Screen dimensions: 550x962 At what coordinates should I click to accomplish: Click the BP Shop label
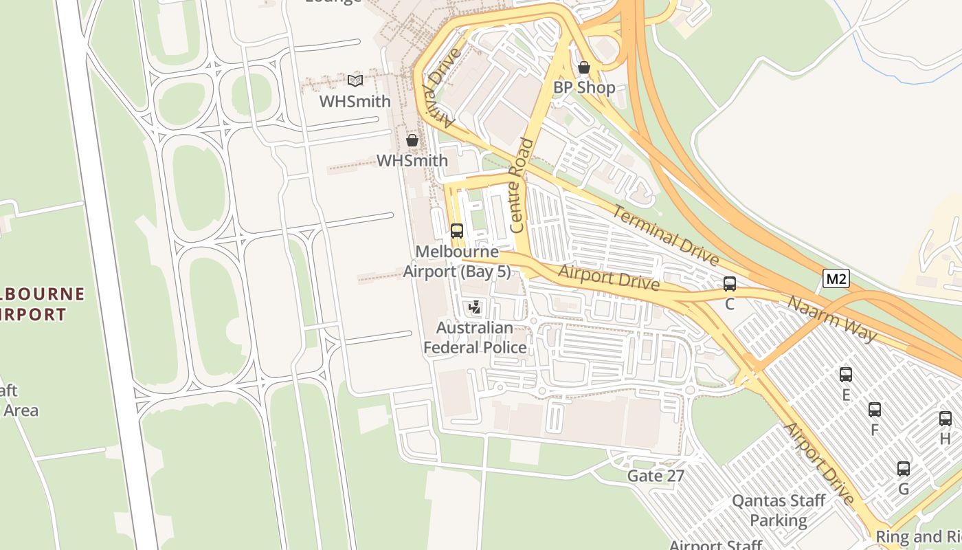click(584, 88)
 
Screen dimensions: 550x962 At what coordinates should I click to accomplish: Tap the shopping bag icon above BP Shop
click(584, 67)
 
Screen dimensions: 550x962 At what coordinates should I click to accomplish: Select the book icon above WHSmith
click(355, 80)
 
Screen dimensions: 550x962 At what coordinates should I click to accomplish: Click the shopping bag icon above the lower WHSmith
click(412, 140)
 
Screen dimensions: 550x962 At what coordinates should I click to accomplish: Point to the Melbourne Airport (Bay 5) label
click(457, 262)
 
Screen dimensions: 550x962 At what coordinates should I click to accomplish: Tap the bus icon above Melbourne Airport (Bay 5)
click(457, 231)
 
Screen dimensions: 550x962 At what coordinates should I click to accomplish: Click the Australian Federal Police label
click(475, 338)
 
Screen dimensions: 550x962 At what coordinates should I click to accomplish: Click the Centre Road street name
click(522, 185)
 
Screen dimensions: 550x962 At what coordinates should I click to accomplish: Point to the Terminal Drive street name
click(665, 235)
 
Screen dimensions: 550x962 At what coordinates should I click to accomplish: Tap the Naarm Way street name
click(832, 319)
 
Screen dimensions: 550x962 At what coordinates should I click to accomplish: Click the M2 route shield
click(836, 278)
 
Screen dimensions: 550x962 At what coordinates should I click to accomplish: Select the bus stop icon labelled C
click(730, 283)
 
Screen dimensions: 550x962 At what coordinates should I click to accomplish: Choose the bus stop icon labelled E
click(846, 375)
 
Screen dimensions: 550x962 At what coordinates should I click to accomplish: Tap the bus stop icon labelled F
click(875, 410)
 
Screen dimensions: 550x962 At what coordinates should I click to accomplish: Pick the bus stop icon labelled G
click(904, 469)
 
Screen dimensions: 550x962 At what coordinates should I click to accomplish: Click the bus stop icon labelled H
click(946, 418)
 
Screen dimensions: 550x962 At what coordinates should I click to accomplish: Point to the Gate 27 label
click(656, 476)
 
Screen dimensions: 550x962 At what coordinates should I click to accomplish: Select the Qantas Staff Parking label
click(779, 510)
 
